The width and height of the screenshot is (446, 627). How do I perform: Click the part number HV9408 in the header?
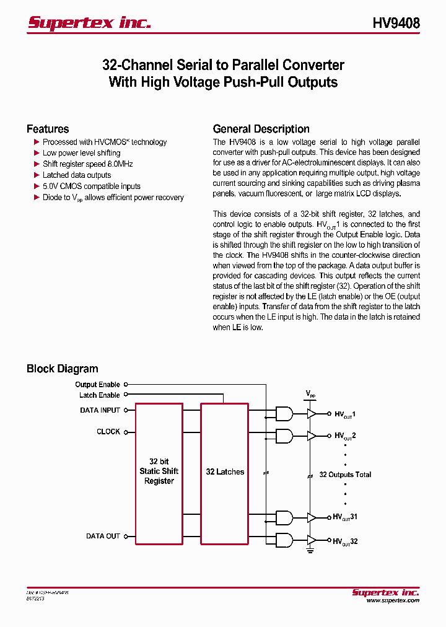396,23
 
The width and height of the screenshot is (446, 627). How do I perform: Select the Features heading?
48,129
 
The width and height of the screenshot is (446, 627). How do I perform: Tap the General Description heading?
261,129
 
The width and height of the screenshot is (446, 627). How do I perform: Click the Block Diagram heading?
62,369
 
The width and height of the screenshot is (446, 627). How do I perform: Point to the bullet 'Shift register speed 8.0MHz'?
87,164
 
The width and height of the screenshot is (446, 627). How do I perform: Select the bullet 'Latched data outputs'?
77,175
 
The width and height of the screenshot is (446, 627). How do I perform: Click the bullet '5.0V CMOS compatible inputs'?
91,186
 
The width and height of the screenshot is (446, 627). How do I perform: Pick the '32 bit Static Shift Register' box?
159,473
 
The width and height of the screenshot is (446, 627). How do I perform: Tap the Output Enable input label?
97,385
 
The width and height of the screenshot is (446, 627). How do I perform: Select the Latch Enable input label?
99,395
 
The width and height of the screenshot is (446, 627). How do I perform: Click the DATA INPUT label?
100,410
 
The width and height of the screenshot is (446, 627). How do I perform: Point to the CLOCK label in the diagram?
108,432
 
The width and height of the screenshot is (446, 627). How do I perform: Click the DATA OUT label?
103,536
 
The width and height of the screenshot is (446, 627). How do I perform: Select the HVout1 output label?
345,414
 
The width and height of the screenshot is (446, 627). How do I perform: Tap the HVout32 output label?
345,541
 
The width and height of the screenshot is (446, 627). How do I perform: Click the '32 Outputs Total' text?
345,475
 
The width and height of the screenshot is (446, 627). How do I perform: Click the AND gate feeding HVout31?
284,517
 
